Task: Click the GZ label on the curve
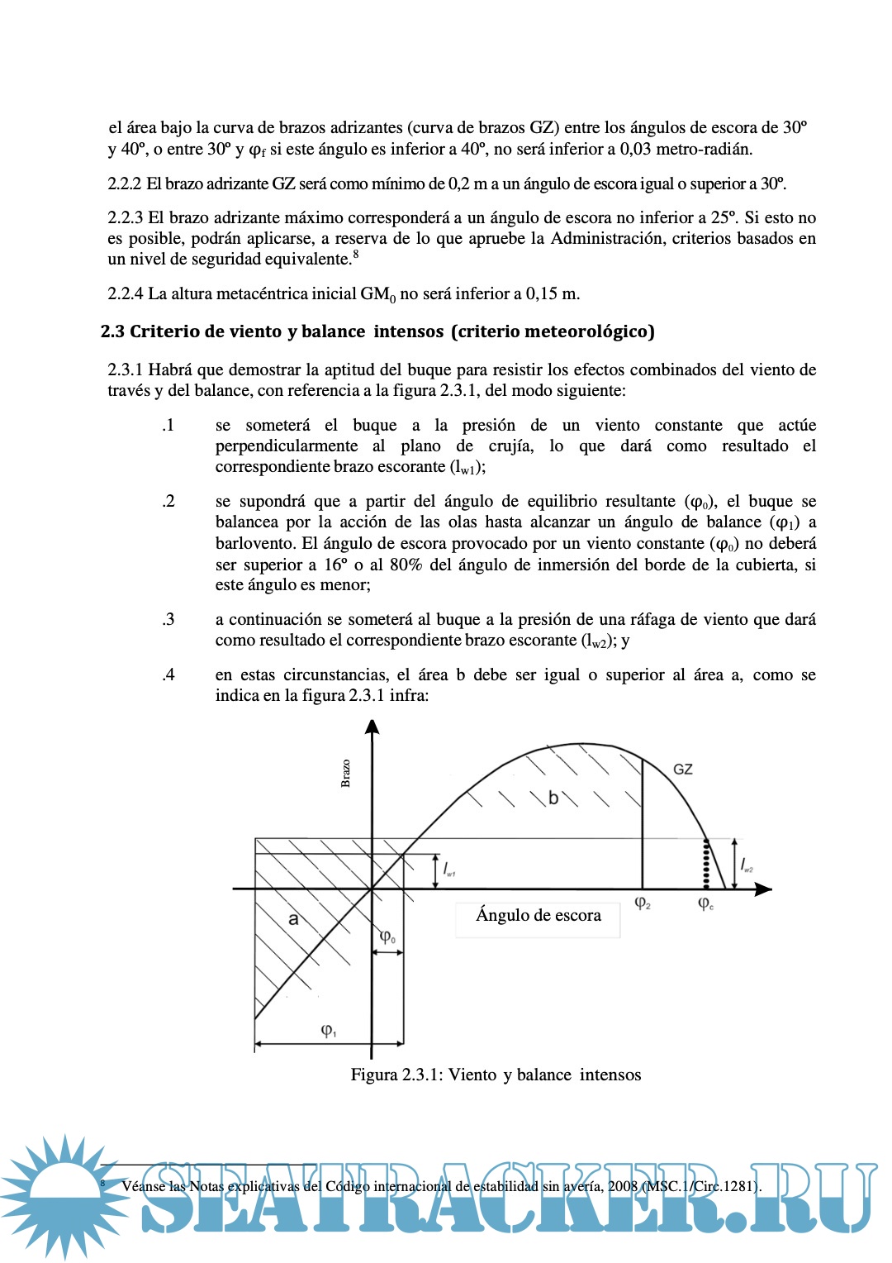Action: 683,770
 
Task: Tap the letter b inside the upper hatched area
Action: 553,798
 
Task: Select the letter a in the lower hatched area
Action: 293,918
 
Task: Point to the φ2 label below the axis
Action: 643,903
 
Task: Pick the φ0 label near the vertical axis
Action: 387,937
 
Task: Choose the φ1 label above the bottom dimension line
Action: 329,1031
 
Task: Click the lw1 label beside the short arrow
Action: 449,870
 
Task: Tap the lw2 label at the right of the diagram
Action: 746,865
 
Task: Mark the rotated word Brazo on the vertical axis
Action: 345,774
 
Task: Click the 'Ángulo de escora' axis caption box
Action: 538,916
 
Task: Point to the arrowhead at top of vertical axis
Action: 372,727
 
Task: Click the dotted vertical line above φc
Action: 706,863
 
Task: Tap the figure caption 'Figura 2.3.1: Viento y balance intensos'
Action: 496,1075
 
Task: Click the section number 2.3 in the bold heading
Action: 112,332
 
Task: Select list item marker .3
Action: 168,620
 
